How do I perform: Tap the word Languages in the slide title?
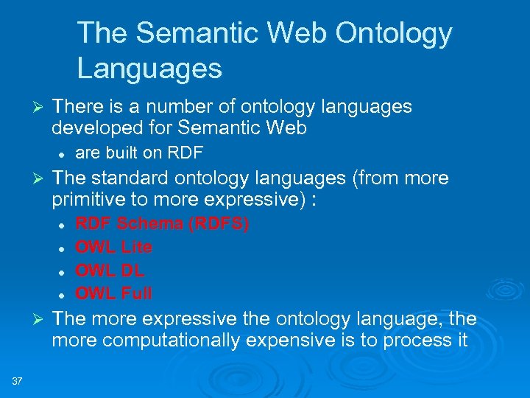tap(149, 69)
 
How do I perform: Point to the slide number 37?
tap(17, 381)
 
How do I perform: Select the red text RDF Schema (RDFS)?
tap(162, 223)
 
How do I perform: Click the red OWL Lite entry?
tap(114, 247)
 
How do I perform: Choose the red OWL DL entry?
tap(110, 270)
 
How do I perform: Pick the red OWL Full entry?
tap(114, 293)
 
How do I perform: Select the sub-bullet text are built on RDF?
tap(139, 153)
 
